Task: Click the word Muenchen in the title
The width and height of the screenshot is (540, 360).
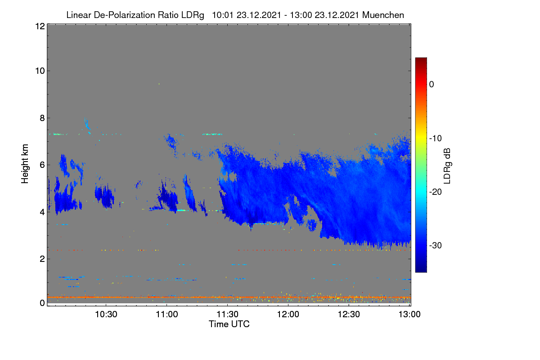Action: pyautogui.click(x=383, y=15)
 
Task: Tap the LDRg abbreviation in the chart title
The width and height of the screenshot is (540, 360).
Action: pyautogui.click(x=193, y=15)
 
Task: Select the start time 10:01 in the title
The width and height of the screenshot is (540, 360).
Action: pyautogui.click(x=223, y=15)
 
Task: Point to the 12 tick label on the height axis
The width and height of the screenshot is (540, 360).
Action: pyautogui.click(x=40, y=26)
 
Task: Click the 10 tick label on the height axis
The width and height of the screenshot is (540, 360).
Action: pyautogui.click(x=40, y=71)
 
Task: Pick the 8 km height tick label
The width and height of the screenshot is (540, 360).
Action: pyautogui.click(x=42, y=118)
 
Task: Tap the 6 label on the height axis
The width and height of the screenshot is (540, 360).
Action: pyautogui.click(x=42, y=165)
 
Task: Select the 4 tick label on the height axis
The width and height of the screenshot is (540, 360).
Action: pyautogui.click(x=42, y=212)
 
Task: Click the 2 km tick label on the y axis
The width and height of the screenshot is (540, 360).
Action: pyautogui.click(x=42, y=259)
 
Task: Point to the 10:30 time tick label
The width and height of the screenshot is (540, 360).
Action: pyautogui.click(x=106, y=314)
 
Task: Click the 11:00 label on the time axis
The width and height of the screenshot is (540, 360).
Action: pyautogui.click(x=167, y=314)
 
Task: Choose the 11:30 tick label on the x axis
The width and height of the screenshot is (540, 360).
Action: pyautogui.click(x=228, y=314)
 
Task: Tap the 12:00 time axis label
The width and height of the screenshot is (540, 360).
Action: pyautogui.click(x=288, y=314)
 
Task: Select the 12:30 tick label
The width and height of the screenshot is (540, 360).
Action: pyautogui.click(x=349, y=314)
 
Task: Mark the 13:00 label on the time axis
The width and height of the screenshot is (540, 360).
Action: pyautogui.click(x=409, y=314)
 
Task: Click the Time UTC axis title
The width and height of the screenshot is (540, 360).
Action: pyautogui.click(x=229, y=324)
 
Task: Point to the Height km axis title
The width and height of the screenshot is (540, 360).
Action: pyautogui.click(x=25, y=164)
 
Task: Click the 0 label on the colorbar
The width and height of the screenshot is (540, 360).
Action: pyautogui.click(x=432, y=85)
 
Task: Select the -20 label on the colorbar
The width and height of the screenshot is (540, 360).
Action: pyautogui.click(x=435, y=192)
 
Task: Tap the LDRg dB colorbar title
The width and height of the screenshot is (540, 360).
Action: pyautogui.click(x=447, y=166)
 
